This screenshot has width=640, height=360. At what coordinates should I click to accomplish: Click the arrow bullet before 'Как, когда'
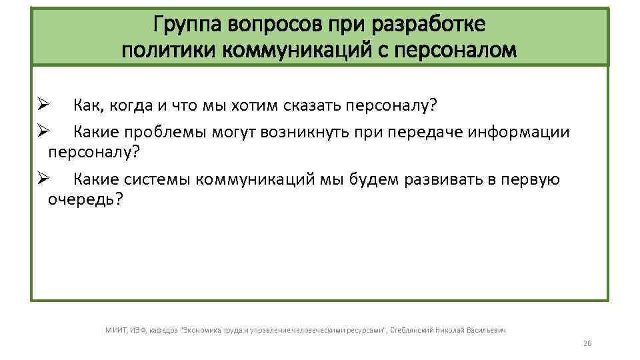tap(43, 105)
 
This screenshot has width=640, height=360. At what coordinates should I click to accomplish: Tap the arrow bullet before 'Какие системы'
tap(43, 179)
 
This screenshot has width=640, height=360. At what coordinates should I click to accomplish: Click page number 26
tap(587, 343)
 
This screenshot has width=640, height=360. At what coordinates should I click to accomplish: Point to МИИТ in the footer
tap(116, 329)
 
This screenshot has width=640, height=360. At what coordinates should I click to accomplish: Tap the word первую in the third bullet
tap(530, 179)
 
